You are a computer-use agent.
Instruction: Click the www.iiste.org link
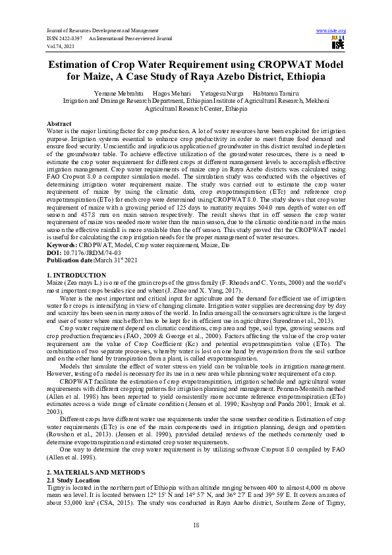(331, 31)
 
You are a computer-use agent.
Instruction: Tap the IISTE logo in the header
(337, 44)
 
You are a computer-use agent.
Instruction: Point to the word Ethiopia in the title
(298, 76)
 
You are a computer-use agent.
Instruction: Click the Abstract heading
(59, 124)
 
